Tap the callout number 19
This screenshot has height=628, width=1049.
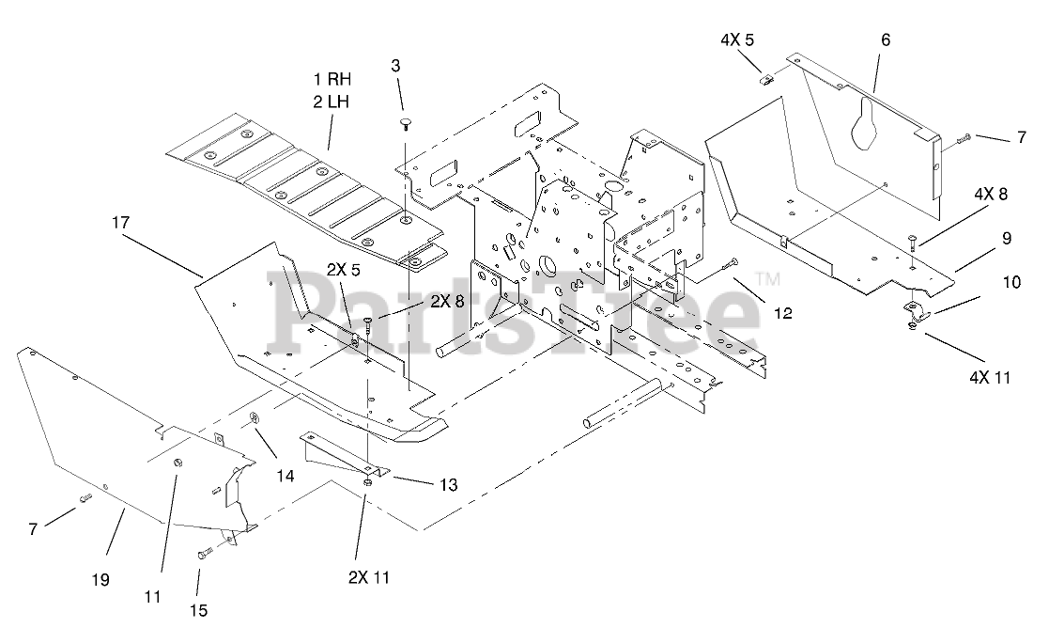click(x=100, y=579)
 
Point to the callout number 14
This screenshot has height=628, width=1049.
click(x=285, y=477)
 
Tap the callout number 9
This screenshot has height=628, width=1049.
click(x=1006, y=239)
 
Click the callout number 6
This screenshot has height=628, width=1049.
click(x=885, y=39)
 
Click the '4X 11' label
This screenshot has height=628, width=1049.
click(x=991, y=378)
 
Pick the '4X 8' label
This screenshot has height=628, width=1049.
click(x=990, y=195)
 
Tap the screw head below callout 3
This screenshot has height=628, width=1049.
click(x=405, y=122)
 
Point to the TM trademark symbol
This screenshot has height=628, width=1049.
click(x=768, y=279)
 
